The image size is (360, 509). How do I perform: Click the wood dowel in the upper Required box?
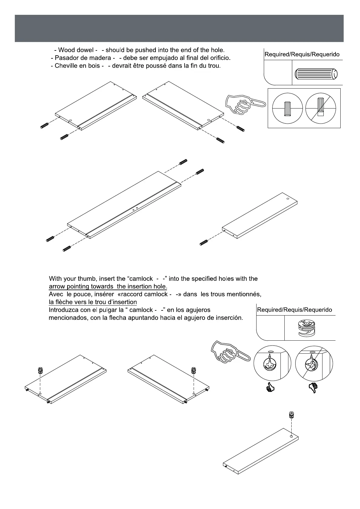(316, 74)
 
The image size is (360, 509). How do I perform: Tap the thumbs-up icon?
(269, 387)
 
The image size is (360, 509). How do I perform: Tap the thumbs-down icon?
(313, 387)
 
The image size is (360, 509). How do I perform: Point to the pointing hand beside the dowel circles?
(244, 104)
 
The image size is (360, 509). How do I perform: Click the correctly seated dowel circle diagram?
(287, 108)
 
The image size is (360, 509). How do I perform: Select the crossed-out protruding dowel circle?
(321, 108)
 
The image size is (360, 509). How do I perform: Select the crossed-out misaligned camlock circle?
(314, 363)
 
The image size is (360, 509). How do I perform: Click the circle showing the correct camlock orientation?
(272, 363)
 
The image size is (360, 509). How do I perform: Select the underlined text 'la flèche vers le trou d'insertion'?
(93, 302)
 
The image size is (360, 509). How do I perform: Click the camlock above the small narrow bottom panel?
(291, 415)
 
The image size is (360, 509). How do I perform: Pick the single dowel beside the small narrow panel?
(204, 242)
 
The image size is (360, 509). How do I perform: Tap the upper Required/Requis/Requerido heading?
(302, 55)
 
